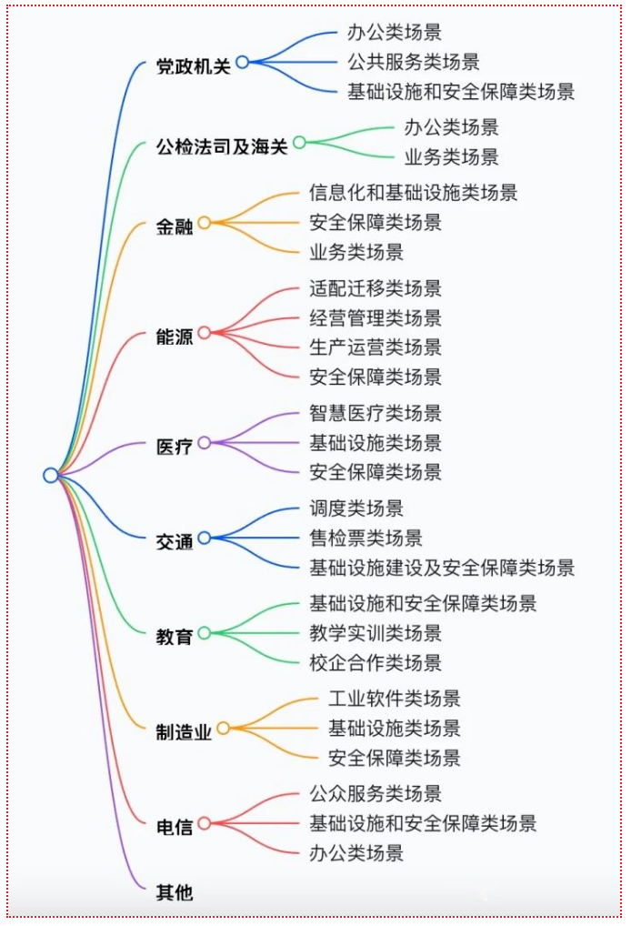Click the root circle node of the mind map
point(51,475)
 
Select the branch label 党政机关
point(194,66)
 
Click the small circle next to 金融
point(205,223)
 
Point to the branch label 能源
point(175,336)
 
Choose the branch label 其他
point(175,892)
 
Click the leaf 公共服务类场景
point(414,62)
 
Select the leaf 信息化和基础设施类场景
point(414,193)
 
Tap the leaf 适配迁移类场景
point(376,288)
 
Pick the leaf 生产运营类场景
point(376,347)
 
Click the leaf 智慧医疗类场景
point(376,413)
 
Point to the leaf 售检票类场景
point(366,538)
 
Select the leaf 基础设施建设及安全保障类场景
point(442,568)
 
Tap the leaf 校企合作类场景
point(376,662)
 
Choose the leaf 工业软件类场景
point(395,699)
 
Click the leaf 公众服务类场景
point(376,794)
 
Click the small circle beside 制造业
point(224,729)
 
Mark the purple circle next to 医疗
point(205,443)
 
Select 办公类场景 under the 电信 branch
point(356,852)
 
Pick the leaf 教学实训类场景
point(376,633)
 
